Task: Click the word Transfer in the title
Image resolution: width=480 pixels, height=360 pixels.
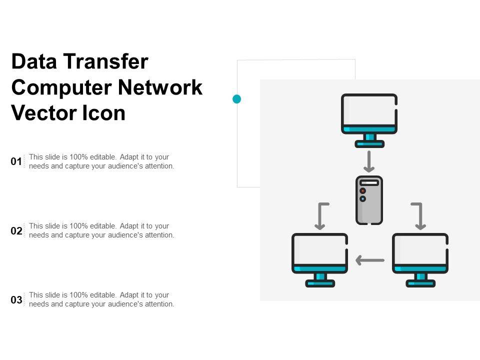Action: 106,61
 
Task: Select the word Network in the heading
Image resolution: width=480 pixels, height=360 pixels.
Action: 160,87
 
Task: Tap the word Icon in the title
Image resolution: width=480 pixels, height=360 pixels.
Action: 104,113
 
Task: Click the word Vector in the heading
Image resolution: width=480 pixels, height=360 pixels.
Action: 44,113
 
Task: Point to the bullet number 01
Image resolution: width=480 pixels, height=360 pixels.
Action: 16,161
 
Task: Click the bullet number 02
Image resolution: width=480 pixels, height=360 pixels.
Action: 16,230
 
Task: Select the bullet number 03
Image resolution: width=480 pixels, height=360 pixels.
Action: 16,299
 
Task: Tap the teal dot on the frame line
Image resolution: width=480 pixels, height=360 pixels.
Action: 236,99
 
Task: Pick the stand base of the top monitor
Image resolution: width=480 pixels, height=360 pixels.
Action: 369,144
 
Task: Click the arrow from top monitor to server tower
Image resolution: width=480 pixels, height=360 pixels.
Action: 369,161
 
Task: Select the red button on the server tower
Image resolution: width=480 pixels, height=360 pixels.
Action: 363,190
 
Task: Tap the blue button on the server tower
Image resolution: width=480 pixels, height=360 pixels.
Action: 363,199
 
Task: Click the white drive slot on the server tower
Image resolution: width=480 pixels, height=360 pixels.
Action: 369,183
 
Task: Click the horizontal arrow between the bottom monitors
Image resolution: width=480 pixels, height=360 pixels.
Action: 370,260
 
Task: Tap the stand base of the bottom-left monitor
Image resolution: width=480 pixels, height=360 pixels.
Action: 320,283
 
